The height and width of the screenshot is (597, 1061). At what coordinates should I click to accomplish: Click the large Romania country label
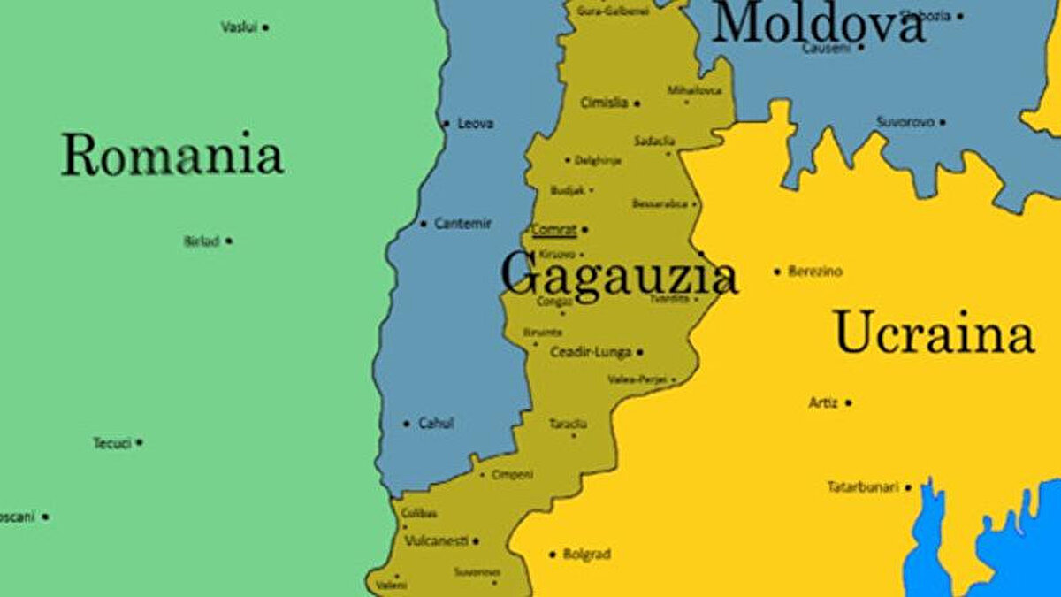click(172, 156)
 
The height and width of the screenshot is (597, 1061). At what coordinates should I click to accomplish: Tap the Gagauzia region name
click(618, 275)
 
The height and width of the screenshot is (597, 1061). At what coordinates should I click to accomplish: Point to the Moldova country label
click(818, 24)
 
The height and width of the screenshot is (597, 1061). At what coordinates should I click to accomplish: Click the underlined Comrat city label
click(554, 230)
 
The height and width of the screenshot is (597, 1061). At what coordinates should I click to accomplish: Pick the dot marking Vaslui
click(265, 27)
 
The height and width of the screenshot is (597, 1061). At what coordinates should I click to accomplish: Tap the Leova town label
click(476, 124)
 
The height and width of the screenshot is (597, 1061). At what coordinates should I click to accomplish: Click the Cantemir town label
click(462, 224)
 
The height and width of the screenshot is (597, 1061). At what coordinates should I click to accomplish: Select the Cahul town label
click(436, 424)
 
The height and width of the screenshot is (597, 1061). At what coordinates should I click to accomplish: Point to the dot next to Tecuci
click(140, 442)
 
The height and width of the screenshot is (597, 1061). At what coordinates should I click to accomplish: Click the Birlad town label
click(202, 241)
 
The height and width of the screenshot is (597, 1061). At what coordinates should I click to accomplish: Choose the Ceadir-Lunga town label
click(591, 352)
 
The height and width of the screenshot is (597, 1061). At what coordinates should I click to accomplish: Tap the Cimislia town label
click(604, 103)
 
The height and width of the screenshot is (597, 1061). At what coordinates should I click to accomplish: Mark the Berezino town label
click(815, 271)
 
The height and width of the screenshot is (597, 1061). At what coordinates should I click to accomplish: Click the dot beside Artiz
click(848, 402)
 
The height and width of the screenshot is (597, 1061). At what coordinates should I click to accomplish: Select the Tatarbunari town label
click(863, 486)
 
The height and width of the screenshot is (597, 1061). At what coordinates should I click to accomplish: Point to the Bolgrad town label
click(587, 555)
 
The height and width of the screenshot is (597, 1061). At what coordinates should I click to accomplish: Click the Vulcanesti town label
click(436, 540)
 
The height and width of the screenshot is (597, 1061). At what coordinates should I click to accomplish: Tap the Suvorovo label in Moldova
click(905, 121)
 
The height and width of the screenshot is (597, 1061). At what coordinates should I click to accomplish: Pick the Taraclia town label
click(568, 424)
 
